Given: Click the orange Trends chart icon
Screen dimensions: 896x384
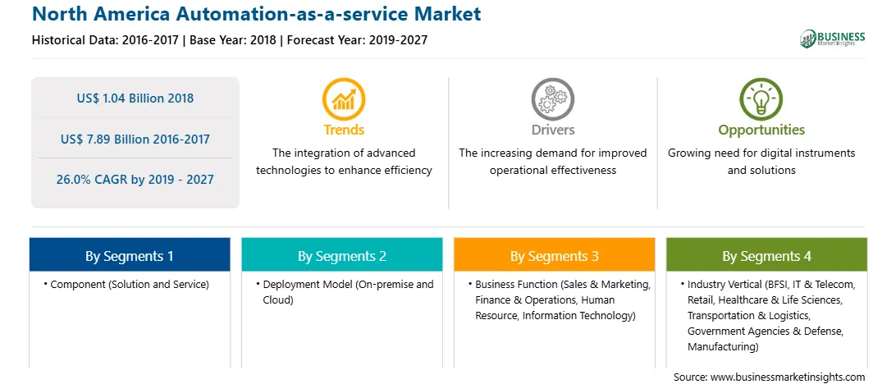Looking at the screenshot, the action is pyautogui.click(x=344, y=98).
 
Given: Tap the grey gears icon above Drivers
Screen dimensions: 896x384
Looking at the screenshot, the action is pyautogui.click(x=552, y=98).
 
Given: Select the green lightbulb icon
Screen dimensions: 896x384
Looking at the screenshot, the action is pyautogui.click(x=761, y=98).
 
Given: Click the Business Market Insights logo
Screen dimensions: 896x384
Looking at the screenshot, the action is pyautogui.click(x=833, y=39).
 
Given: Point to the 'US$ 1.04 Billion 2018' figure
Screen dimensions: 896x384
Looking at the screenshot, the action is pyautogui.click(x=135, y=98).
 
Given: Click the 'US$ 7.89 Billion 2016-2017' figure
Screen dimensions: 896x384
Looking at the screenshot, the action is pyautogui.click(x=135, y=139).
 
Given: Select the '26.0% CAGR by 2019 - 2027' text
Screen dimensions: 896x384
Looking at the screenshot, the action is pyautogui.click(x=135, y=180).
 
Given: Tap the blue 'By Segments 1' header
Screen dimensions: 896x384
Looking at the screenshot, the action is pyautogui.click(x=130, y=255).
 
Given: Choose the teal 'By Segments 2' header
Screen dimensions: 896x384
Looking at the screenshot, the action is pyautogui.click(x=341, y=255).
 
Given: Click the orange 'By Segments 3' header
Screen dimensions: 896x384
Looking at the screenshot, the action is pyautogui.click(x=555, y=255).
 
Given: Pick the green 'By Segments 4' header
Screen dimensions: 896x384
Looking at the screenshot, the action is pyautogui.click(x=767, y=255).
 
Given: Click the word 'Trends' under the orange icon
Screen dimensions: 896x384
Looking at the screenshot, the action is pyautogui.click(x=344, y=130).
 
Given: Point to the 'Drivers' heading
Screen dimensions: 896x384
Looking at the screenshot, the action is pyautogui.click(x=552, y=130).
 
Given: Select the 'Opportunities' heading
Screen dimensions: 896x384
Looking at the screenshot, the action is pyautogui.click(x=761, y=130).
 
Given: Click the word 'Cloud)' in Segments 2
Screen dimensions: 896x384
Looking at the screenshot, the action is pyautogui.click(x=277, y=300).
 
